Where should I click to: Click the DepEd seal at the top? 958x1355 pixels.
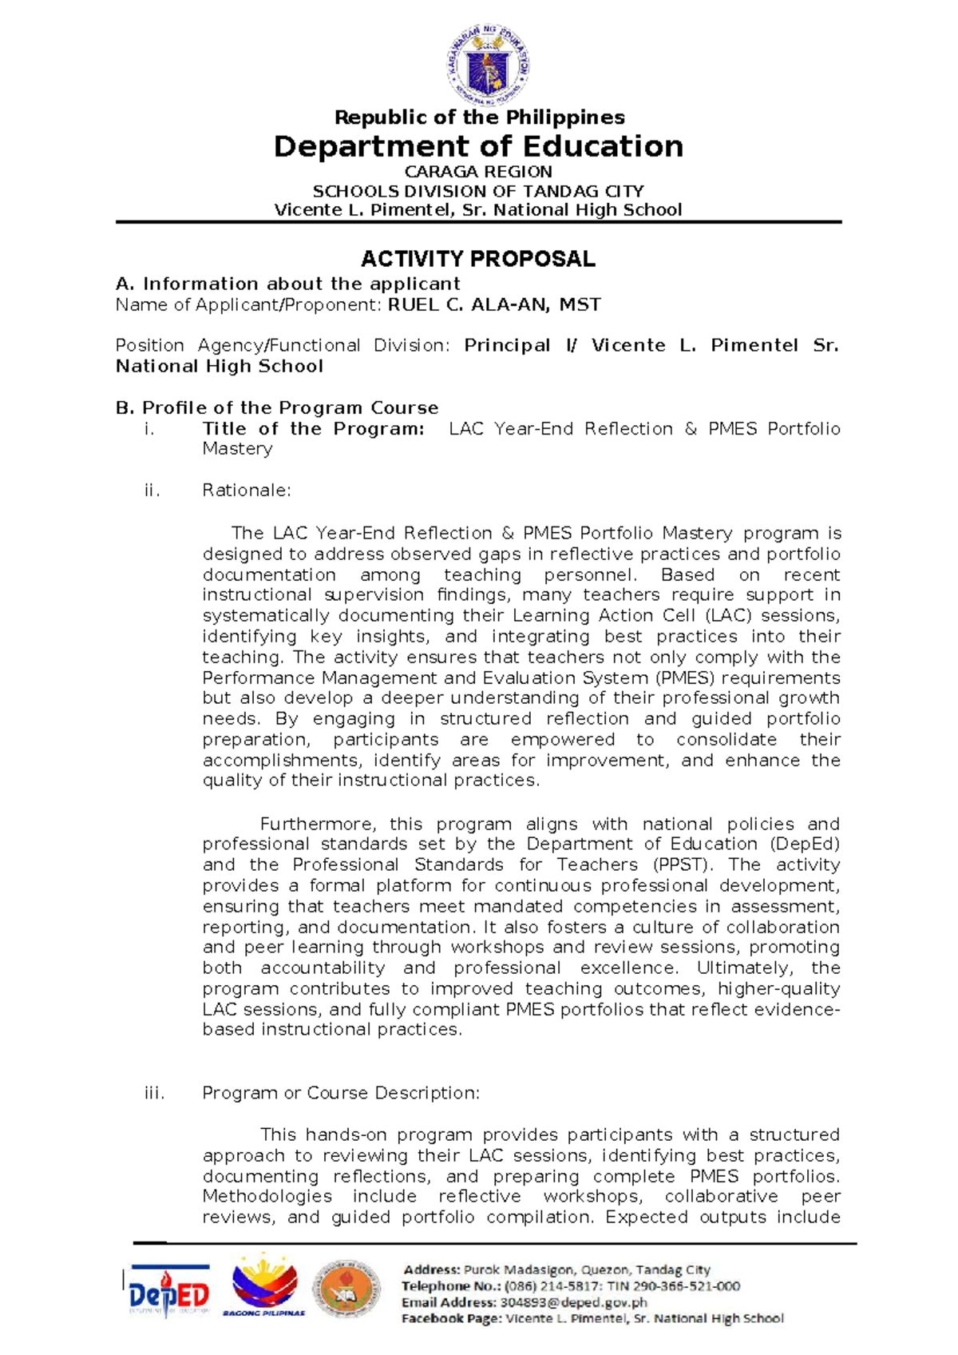(x=488, y=66)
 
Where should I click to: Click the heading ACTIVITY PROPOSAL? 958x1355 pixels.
(x=477, y=259)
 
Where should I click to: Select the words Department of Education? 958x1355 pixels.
(x=478, y=146)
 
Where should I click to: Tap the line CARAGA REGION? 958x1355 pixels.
(x=478, y=172)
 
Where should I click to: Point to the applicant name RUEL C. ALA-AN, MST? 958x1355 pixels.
(x=494, y=304)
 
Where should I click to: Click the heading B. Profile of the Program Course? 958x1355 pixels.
(x=277, y=407)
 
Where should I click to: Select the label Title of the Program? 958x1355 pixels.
(x=313, y=428)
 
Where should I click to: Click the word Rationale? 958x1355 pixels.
(x=247, y=490)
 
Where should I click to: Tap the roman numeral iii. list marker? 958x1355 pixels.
(x=154, y=1092)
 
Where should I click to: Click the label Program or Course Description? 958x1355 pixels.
(x=341, y=1092)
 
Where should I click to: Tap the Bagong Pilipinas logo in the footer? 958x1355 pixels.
(x=264, y=1286)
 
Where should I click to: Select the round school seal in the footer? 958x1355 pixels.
(x=346, y=1288)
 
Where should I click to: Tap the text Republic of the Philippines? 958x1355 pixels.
(x=479, y=117)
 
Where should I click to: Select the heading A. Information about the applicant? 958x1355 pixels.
(x=287, y=284)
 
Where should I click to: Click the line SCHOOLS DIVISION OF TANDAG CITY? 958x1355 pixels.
(x=478, y=191)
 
